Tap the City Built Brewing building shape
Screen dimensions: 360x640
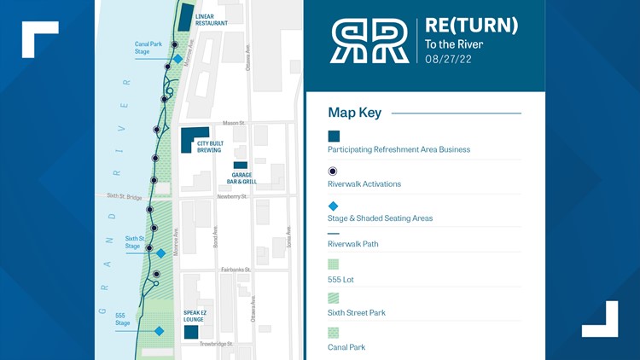click(x=190, y=138)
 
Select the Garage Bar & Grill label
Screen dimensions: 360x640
click(x=241, y=179)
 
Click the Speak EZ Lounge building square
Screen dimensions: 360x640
click(x=191, y=332)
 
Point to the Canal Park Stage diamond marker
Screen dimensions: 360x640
click(x=178, y=59)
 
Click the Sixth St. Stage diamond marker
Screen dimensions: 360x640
click(x=160, y=253)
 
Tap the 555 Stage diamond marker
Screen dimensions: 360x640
click(x=159, y=331)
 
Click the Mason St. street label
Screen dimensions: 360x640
click(x=234, y=124)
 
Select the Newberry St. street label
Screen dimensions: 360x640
click(x=231, y=196)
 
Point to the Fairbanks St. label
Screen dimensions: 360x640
click(x=236, y=270)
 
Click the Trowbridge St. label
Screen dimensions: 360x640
click(x=216, y=344)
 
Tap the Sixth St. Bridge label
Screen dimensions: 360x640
click(x=125, y=196)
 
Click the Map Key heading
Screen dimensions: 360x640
click(x=354, y=113)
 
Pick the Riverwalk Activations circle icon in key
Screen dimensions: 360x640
click(x=334, y=171)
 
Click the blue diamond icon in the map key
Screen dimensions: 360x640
click(x=334, y=206)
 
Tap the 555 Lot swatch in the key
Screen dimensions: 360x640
click(x=334, y=264)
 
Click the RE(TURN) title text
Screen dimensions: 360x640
click(x=471, y=26)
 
